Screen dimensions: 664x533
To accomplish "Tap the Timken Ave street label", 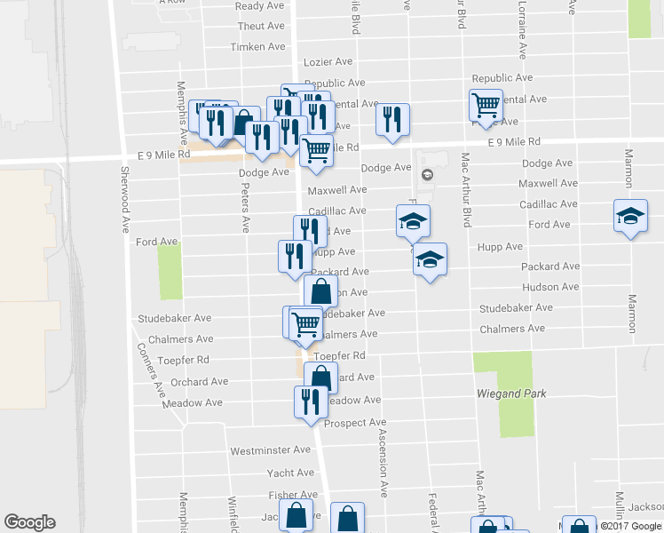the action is pyautogui.click(x=257, y=47).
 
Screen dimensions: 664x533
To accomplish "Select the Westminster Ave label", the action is pyautogui.click(x=270, y=451).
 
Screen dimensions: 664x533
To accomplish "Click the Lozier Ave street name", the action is pyautogui.click(x=328, y=62).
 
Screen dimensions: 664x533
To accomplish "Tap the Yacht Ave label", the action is pyautogui.click(x=290, y=473).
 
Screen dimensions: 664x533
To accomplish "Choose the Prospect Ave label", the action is pyautogui.click(x=354, y=423).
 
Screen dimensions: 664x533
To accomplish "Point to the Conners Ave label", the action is pyautogui.click(x=148, y=370).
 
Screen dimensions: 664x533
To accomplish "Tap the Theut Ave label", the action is pyautogui.click(x=261, y=28).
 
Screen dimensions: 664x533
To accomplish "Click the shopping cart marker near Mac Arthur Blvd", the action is pyautogui.click(x=486, y=106).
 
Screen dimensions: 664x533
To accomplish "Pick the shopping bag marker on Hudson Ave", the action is pyautogui.click(x=320, y=290).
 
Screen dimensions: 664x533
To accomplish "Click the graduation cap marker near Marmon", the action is pyautogui.click(x=630, y=217).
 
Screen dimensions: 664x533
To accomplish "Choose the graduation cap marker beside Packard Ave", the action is pyautogui.click(x=430, y=259).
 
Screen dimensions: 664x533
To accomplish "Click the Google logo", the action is pyautogui.click(x=29, y=522).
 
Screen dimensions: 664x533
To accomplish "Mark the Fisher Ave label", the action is pyautogui.click(x=293, y=495).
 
